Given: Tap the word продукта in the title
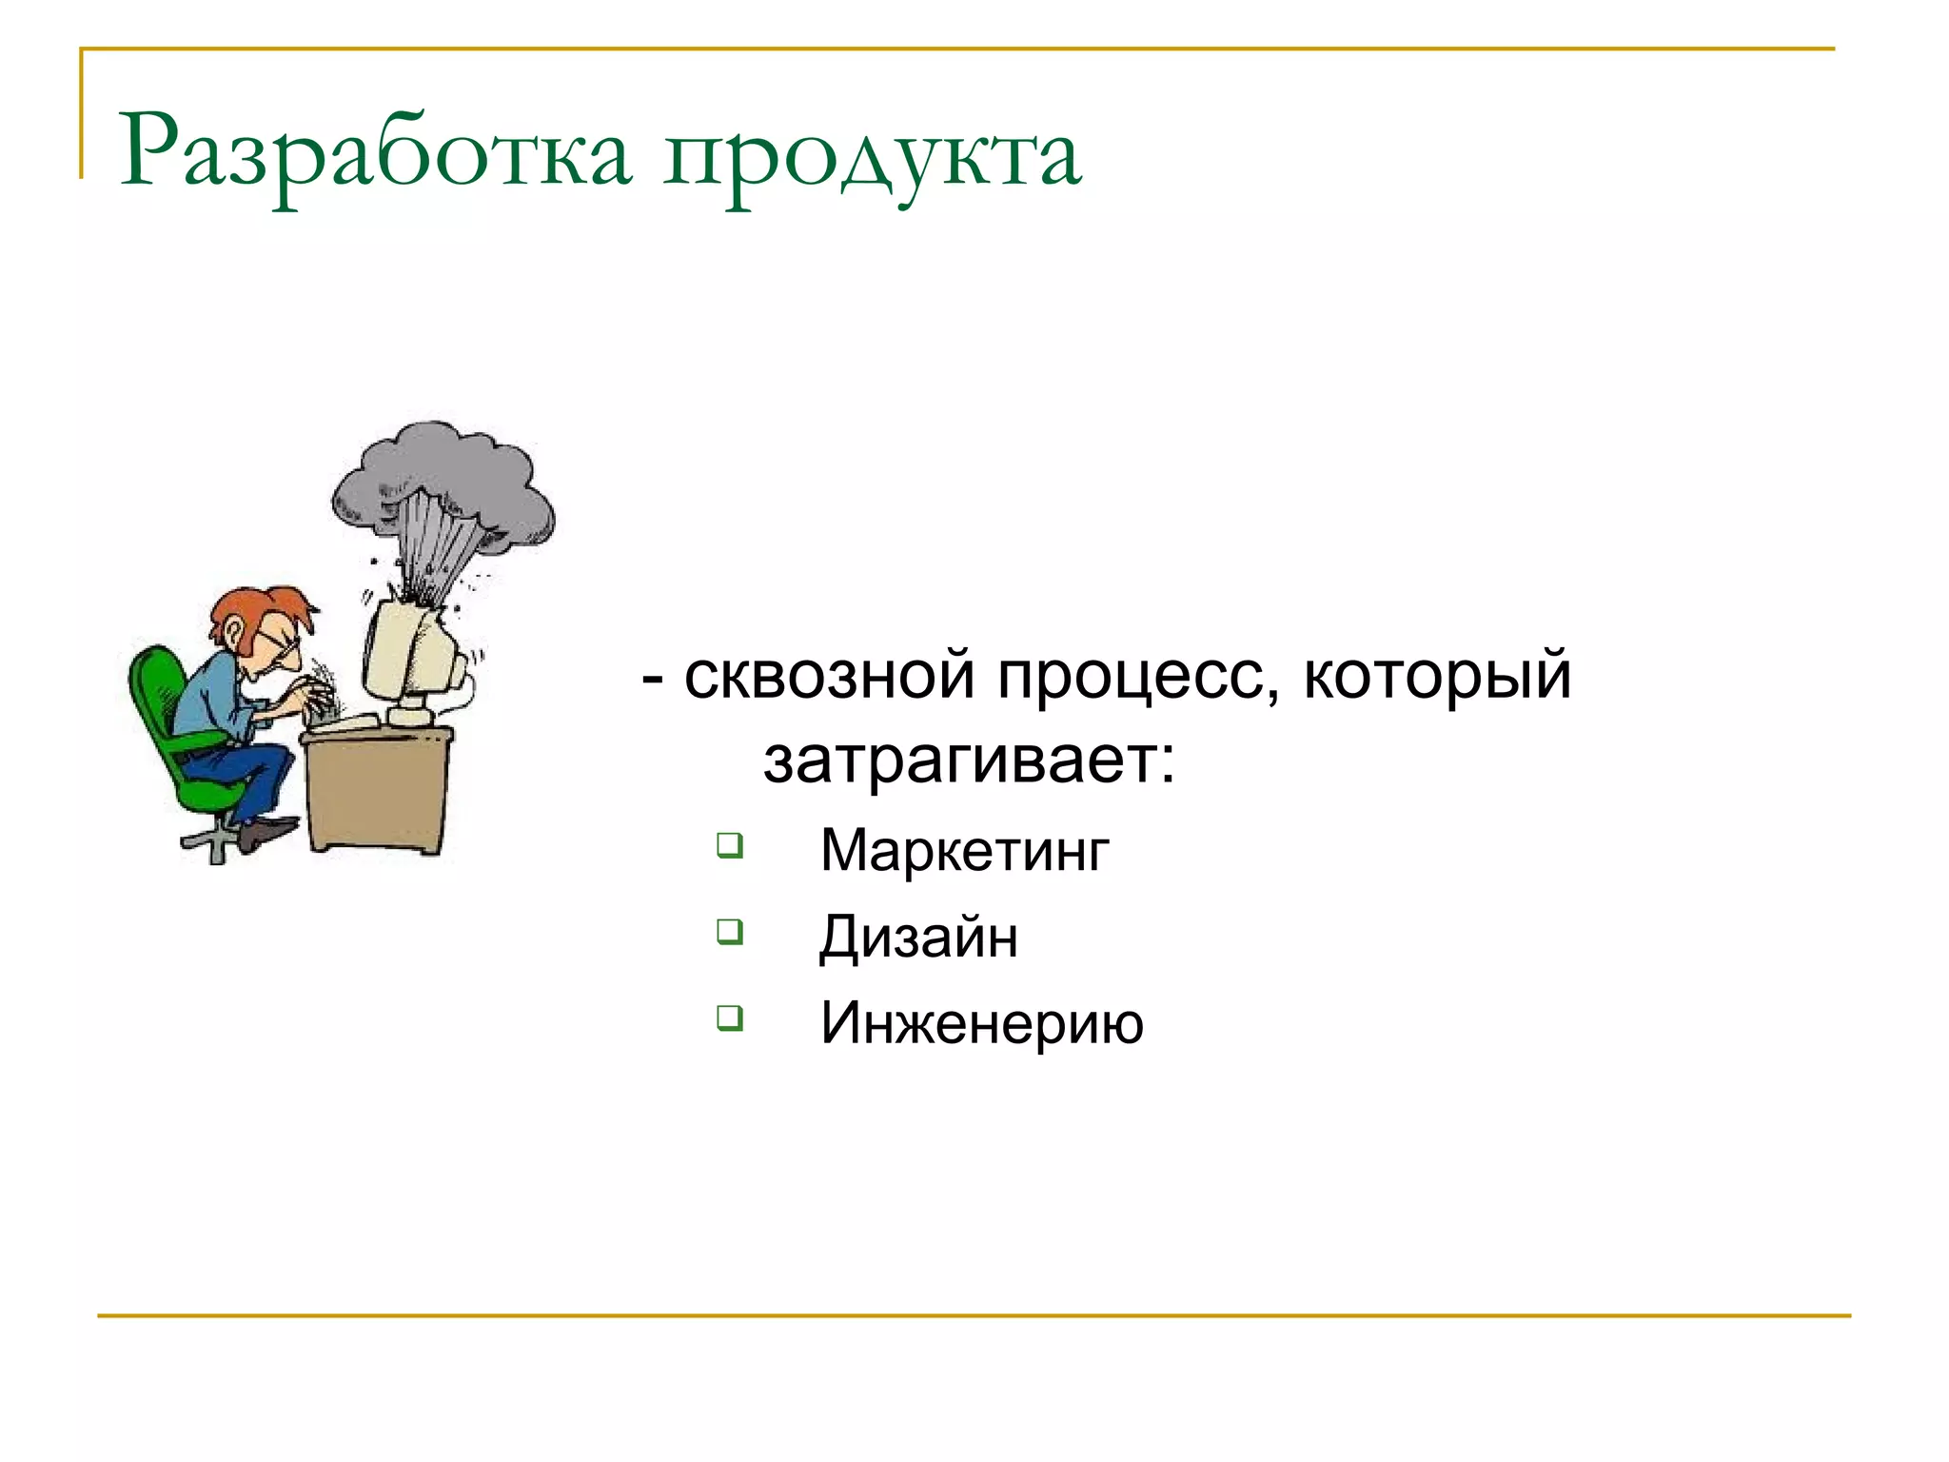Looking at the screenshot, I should point(872,154).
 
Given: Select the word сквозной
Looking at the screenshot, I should point(830,676).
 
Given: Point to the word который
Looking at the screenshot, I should point(1437,676).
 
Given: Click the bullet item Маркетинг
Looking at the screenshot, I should point(964,850).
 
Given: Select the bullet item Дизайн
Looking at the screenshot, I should point(918,938).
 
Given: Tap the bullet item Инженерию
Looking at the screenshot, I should point(981,1023).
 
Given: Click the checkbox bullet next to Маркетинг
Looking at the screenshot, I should point(730,844).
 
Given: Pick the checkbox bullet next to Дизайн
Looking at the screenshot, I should point(730,931).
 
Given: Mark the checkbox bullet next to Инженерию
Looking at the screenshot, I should point(730,1017).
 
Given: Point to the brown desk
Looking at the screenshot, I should point(376,790).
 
